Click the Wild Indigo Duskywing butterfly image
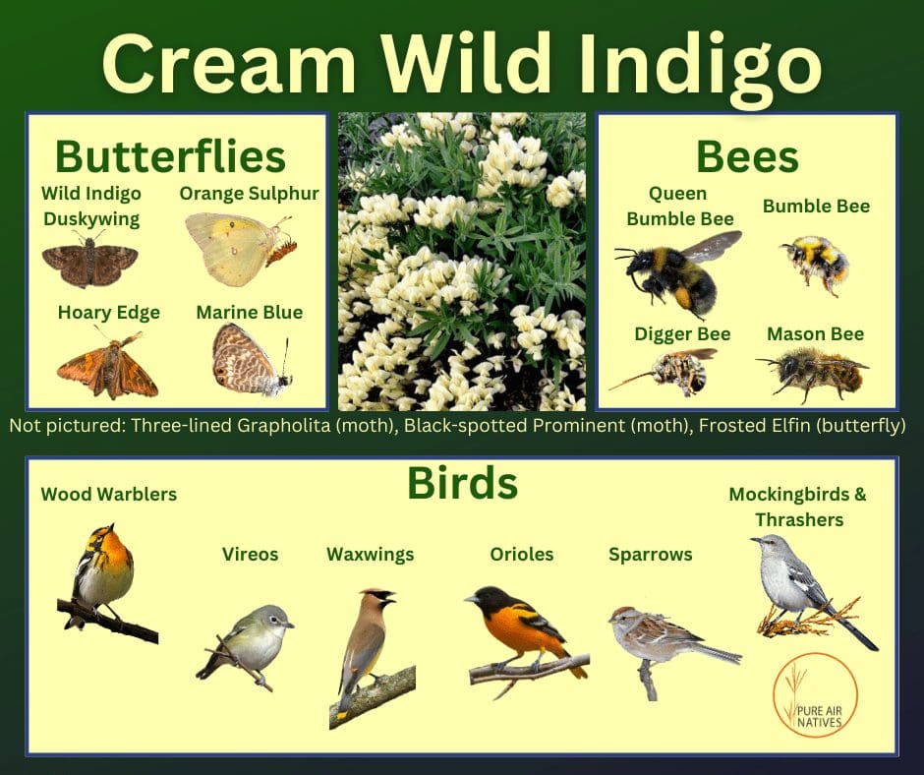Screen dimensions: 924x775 click(x=90, y=260)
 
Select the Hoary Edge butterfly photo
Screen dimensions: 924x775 click(x=108, y=366)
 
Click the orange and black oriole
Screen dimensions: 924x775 click(x=526, y=638)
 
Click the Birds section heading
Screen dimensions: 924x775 click(x=463, y=483)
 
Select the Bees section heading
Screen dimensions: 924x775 click(x=747, y=157)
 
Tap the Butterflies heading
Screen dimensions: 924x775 click(x=170, y=156)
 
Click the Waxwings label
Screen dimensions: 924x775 click(x=370, y=555)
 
